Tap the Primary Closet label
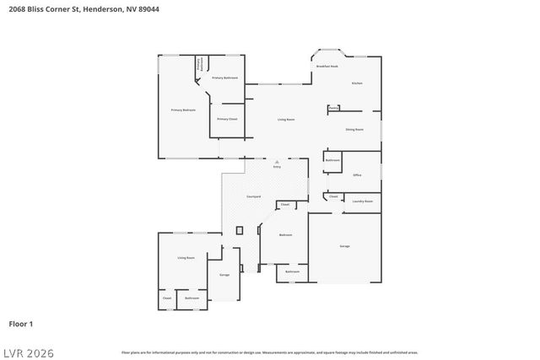tap(227, 119)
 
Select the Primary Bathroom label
tap(224, 78)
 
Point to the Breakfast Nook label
tap(327, 66)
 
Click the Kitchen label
tap(357, 83)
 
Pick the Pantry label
tap(334, 108)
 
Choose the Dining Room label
tap(354, 129)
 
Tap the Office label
tap(357, 175)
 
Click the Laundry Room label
tap(363, 201)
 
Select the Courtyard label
tap(253, 196)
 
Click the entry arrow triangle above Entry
tap(276, 161)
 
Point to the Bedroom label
tap(285, 235)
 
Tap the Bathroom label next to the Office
tap(332, 160)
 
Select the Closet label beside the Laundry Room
tap(333, 196)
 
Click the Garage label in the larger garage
tap(344, 246)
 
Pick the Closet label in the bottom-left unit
tap(166, 298)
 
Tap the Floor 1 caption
tap(20, 323)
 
